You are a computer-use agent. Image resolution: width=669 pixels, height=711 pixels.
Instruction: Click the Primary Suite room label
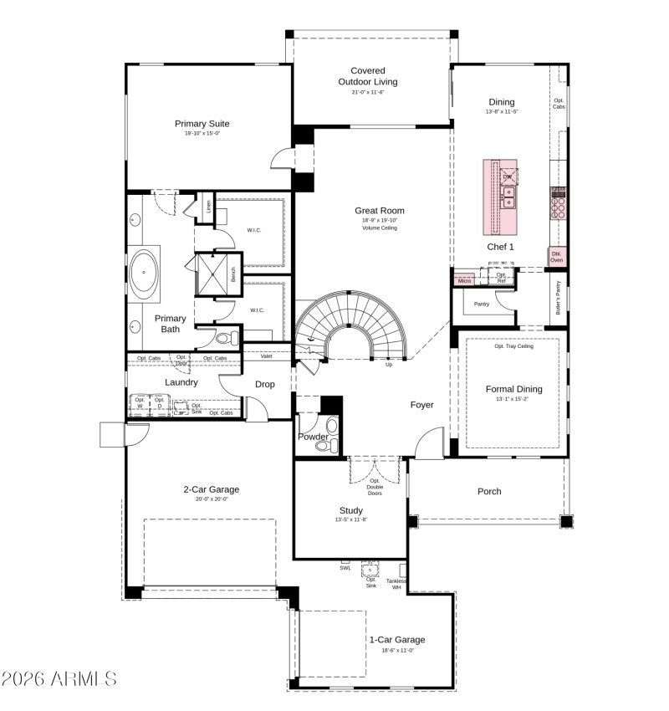(x=202, y=124)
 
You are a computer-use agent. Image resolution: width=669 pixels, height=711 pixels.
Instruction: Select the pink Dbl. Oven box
(x=556, y=257)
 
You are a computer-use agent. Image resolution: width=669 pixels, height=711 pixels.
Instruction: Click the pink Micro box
(x=464, y=281)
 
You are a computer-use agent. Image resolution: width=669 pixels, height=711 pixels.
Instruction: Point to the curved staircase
(x=351, y=322)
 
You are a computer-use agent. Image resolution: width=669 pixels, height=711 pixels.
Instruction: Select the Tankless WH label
(x=396, y=584)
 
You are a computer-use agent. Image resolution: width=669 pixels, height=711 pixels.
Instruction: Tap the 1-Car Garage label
(x=397, y=640)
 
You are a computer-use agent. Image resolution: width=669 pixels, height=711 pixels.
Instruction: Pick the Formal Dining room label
(x=513, y=389)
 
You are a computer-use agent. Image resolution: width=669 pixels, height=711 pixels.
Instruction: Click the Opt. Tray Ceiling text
(x=513, y=345)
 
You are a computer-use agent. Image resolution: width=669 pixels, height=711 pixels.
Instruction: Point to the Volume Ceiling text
(x=380, y=228)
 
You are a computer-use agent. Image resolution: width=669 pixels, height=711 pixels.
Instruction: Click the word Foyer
(x=421, y=405)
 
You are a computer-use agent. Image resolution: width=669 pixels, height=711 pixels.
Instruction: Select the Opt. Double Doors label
(x=375, y=487)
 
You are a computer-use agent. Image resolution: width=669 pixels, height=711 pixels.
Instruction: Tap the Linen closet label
(x=208, y=207)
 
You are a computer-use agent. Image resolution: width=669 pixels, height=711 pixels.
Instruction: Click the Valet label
(x=266, y=356)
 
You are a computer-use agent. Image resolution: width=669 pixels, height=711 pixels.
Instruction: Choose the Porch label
(x=489, y=491)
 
